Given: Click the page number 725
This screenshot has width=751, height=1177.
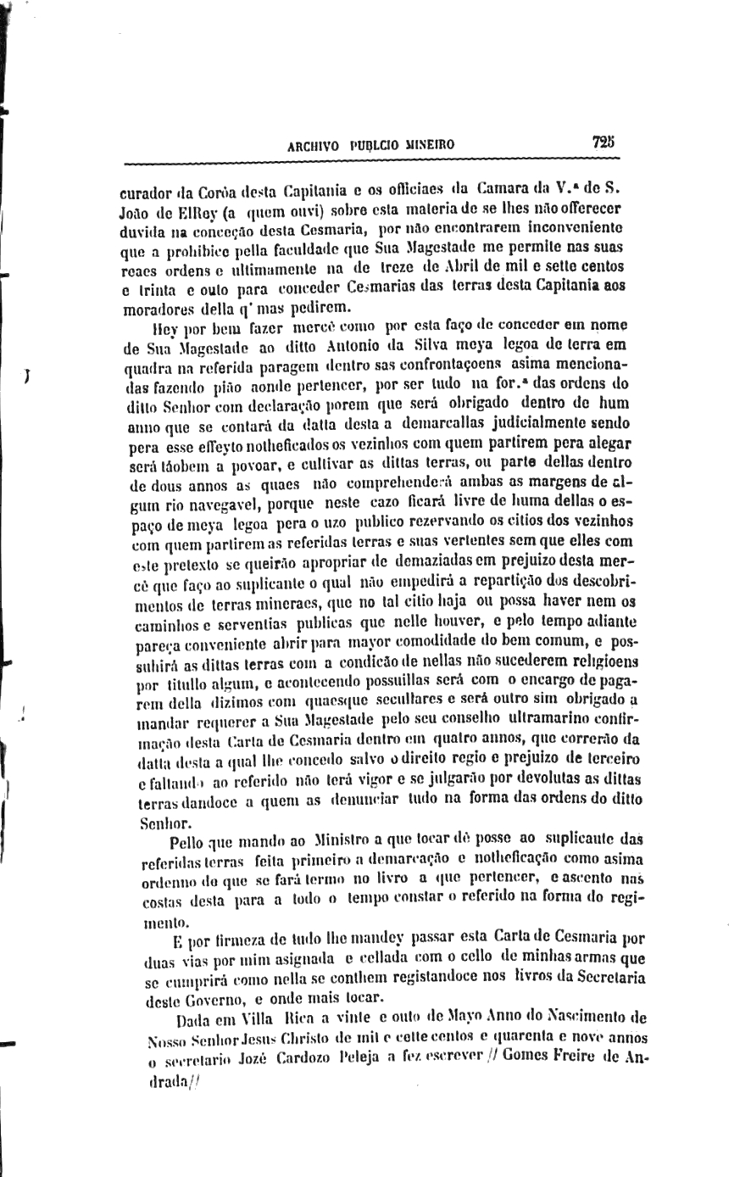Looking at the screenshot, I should click(604, 142).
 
